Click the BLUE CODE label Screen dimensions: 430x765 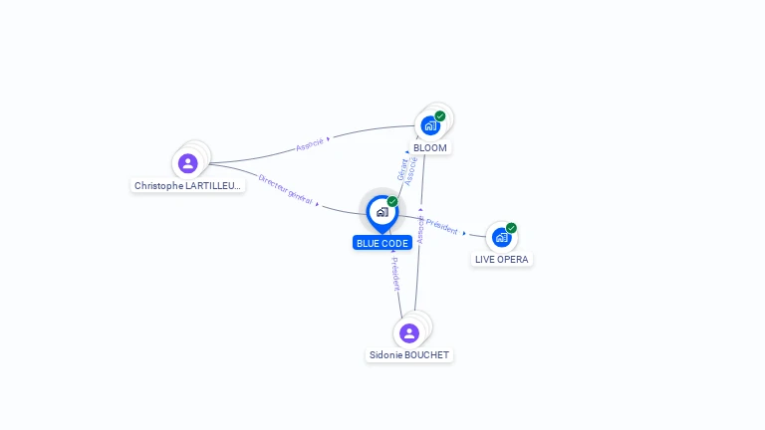click(382, 243)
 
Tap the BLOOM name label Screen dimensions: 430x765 click(430, 147)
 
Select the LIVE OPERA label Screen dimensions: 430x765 click(502, 259)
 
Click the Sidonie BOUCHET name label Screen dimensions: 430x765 click(409, 354)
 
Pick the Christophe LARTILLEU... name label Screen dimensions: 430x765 click(188, 185)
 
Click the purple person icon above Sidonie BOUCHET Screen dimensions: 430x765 click(407, 332)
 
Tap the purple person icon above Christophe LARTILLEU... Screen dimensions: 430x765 click(187, 163)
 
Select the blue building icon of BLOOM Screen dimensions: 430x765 click(429, 125)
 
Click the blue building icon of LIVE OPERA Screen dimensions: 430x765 click(501, 237)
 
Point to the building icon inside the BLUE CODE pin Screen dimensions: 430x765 click(382, 211)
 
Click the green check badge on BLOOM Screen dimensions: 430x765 click(440, 115)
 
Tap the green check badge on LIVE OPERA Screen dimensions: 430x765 click(511, 227)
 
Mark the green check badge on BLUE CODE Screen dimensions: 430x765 click(392, 201)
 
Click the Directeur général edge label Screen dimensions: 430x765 click(285, 189)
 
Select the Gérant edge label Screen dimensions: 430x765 click(402, 168)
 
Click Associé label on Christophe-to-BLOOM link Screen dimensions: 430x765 click(310, 145)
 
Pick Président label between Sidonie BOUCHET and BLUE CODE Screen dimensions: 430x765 click(394, 273)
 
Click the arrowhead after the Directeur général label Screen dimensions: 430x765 click(318, 203)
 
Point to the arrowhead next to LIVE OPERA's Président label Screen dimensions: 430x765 click(464, 233)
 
